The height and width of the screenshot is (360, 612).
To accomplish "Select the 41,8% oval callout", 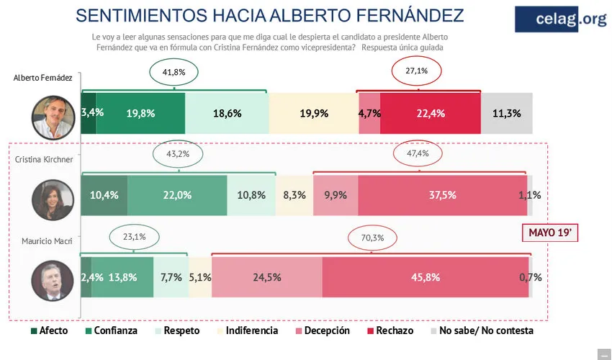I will tap(174, 73).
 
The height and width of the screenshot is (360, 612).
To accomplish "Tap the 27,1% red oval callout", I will tap(415, 71).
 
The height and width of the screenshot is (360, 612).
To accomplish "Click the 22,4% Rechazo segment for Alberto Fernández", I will tap(429, 113).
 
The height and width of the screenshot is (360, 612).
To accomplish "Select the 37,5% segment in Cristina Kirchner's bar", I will tap(442, 195).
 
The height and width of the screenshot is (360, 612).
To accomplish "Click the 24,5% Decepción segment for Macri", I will tap(266, 276).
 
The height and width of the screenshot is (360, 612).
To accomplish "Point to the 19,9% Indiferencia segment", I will tap(313, 113).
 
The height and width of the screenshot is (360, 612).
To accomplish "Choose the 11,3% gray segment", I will tap(508, 113).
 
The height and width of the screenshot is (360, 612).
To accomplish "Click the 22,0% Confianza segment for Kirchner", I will tap(177, 195).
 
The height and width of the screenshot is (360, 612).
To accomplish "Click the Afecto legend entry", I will tap(50, 330).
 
